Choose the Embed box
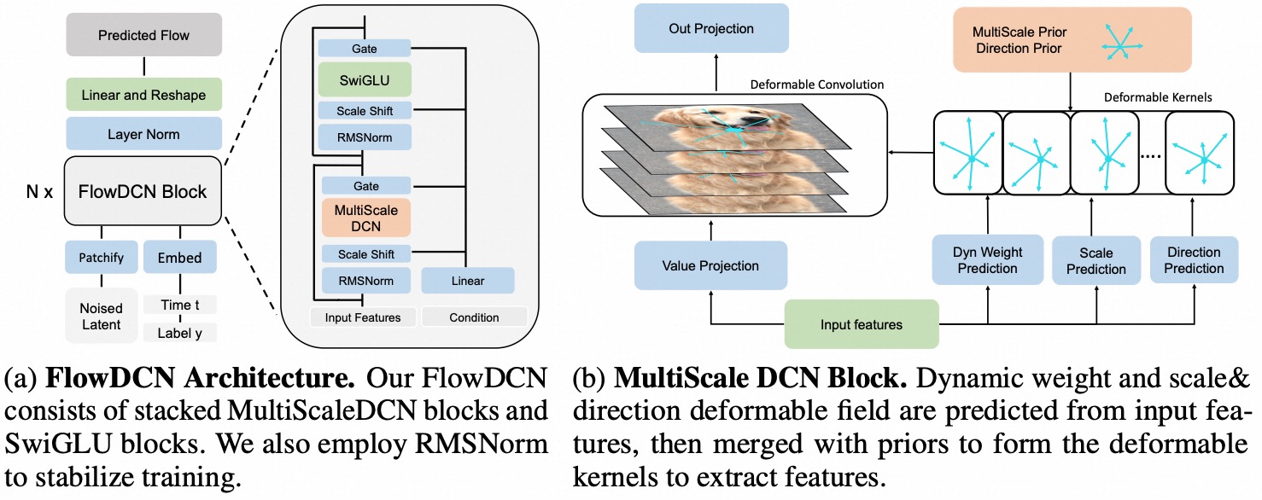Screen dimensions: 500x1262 [179, 257]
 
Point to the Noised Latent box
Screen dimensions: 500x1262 [101, 316]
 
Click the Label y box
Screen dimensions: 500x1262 [179, 333]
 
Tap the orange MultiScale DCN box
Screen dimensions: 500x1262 [365, 218]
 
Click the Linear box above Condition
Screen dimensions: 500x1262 [467, 281]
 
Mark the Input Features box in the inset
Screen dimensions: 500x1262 [363, 317]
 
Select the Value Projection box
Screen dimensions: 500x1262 [710, 266]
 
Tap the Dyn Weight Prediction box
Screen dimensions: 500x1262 [987, 260]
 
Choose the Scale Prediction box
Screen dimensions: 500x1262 [1095, 260]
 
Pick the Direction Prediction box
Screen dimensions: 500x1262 [1194, 260]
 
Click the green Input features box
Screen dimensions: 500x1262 [861, 324]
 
